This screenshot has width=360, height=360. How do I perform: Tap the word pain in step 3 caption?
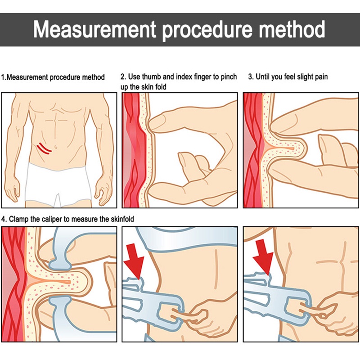[x=320, y=77]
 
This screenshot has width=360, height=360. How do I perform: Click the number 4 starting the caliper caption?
[x=4, y=219]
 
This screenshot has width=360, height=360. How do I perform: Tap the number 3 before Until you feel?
[x=250, y=77]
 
